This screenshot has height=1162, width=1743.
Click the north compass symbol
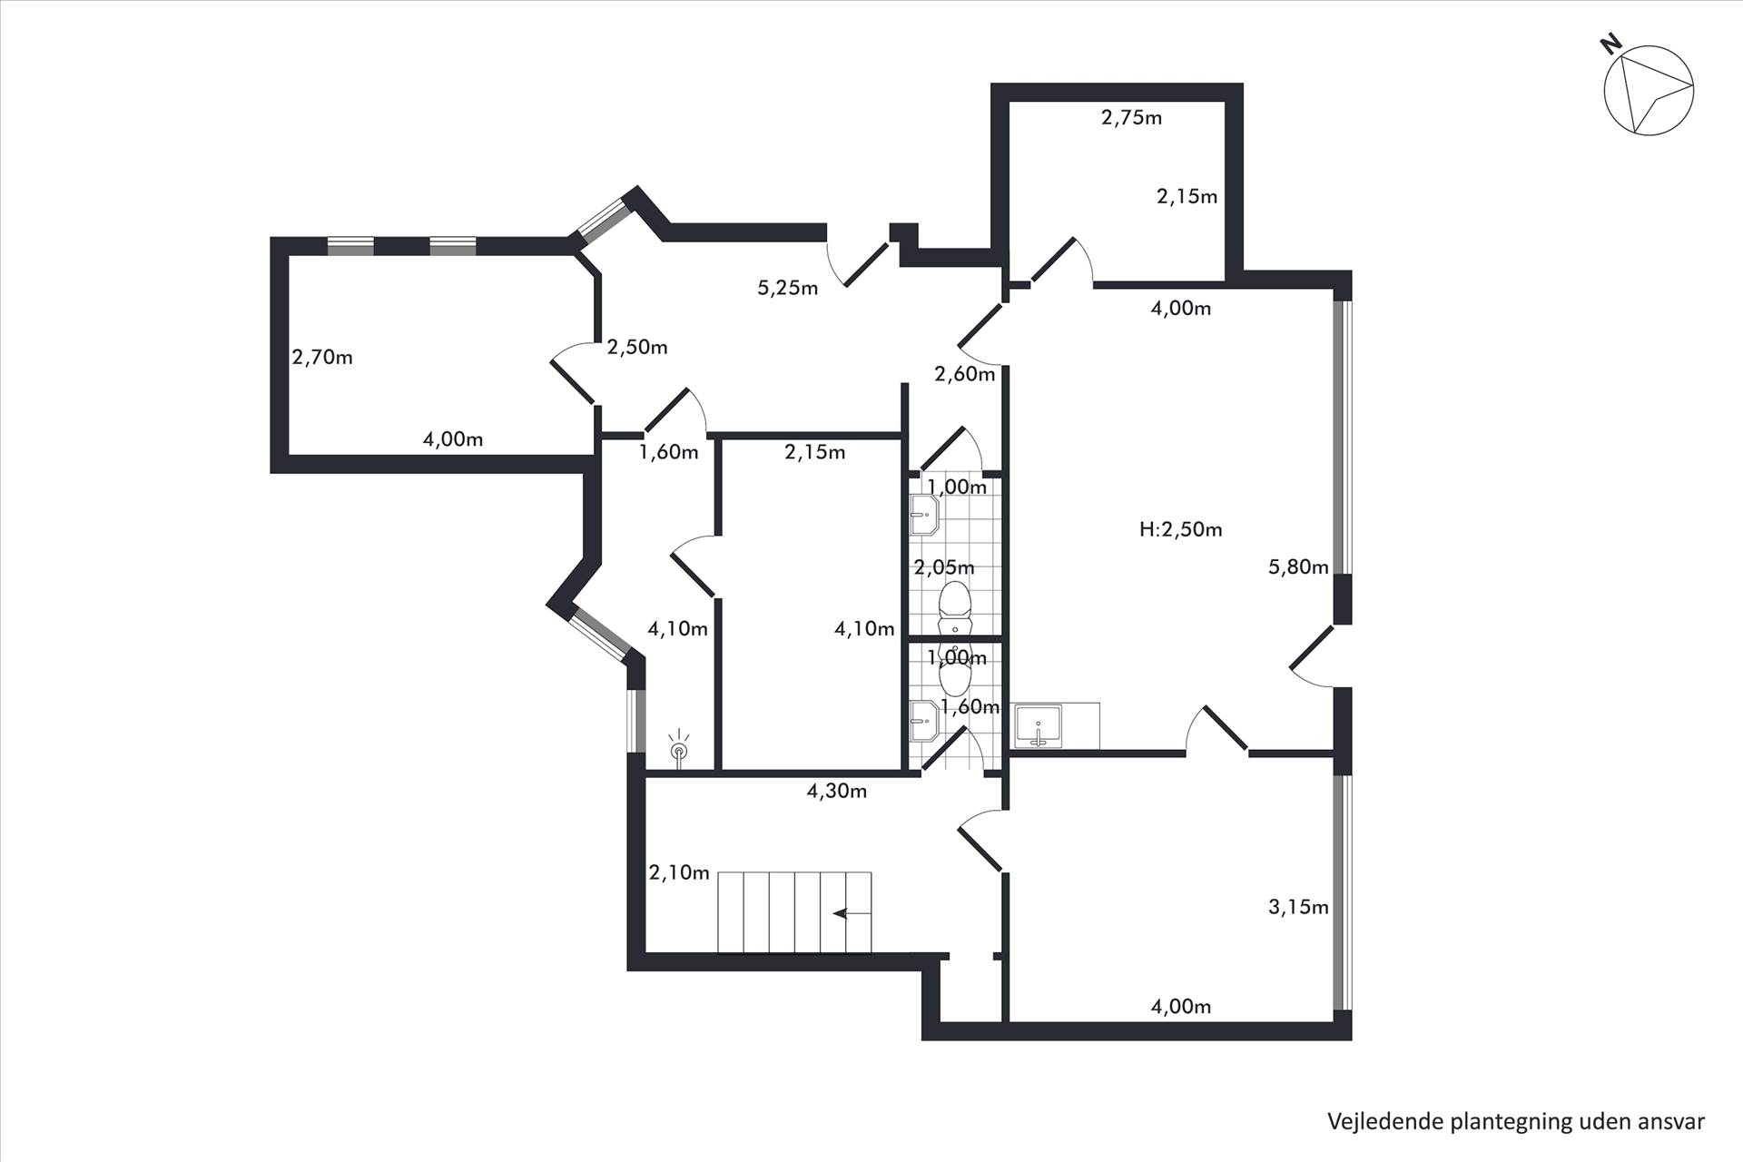[x=1648, y=90]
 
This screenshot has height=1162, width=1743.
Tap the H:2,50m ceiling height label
[x=1180, y=529]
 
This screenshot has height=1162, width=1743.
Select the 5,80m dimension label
[x=1298, y=567]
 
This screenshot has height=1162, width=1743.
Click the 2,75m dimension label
[x=1131, y=117]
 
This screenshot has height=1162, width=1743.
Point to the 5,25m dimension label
[x=787, y=289]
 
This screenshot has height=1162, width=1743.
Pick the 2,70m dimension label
[x=322, y=358]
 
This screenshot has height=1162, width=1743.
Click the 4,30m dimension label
[x=836, y=792]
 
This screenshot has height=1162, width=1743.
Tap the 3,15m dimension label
[x=1298, y=907]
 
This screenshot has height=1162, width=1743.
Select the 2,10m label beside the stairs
[x=679, y=873]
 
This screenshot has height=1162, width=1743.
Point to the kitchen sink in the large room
[x=1039, y=726]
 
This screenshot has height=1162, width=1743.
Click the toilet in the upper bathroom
[x=954, y=603]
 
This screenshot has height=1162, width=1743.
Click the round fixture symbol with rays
[x=678, y=750]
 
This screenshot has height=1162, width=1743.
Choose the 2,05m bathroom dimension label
[x=944, y=568]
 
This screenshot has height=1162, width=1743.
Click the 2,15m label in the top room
[x=1187, y=196]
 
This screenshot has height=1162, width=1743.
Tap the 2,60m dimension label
[x=964, y=374]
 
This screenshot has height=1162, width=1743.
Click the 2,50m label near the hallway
[x=637, y=348]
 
